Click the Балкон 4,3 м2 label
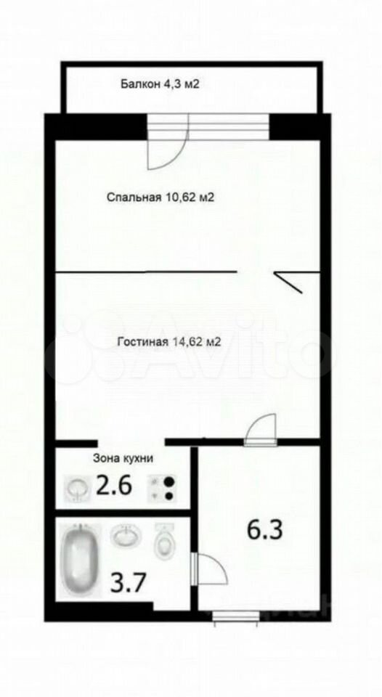click(159, 84)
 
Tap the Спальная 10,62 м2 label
click(160, 197)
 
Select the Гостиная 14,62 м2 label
click(168, 342)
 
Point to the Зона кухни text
click(123, 459)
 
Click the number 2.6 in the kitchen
click(114, 486)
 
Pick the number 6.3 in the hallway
click(265, 530)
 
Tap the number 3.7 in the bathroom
click(128, 583)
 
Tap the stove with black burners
click(162, 488)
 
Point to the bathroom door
click(209, 568)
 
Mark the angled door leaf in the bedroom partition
click(288, 282)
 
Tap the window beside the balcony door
click(229, 126)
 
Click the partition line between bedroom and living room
click(146, 271)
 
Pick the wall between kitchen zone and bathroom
click(123, 513)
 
